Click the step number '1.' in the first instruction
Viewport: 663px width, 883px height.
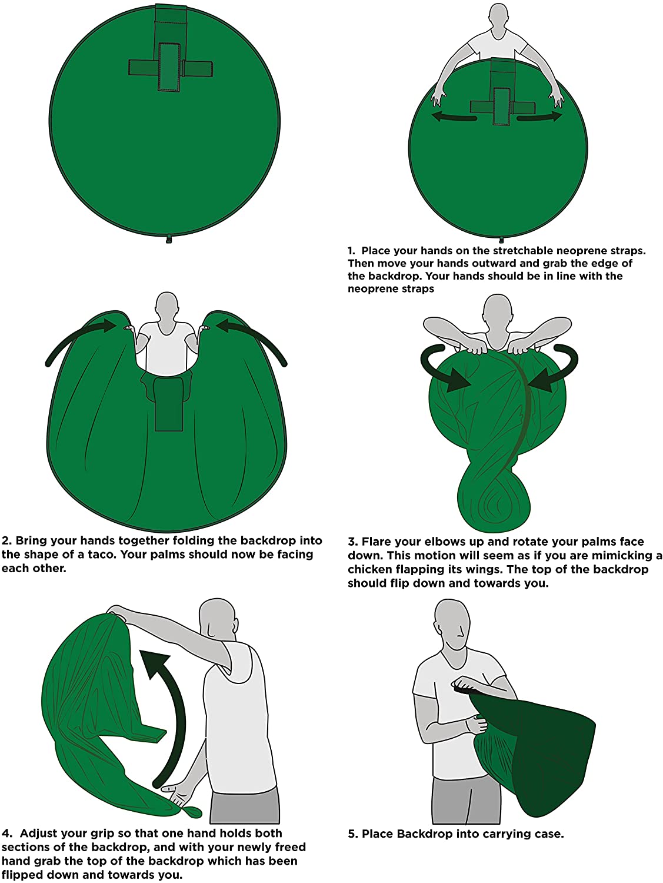pyautogui.click(x=351, y=251)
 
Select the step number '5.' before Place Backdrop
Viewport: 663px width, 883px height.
pyautogui.click(x=352, y=834)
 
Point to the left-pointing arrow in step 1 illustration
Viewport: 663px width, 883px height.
pyautogui.click(x=454, y=117)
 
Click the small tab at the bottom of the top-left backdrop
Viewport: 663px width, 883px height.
pyautogui.click(x=168, y=238)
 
